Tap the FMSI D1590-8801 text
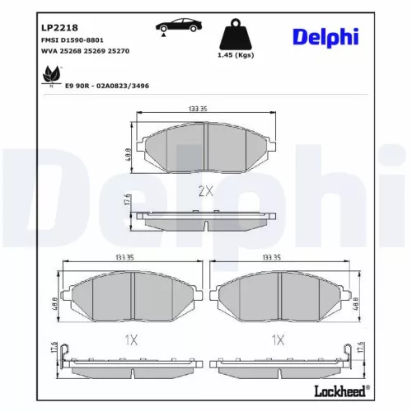coord(73,40)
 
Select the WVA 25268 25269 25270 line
coord(85,51)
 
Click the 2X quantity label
coord(205,191)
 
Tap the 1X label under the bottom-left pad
coord(130,339)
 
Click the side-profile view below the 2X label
coord(205,220)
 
